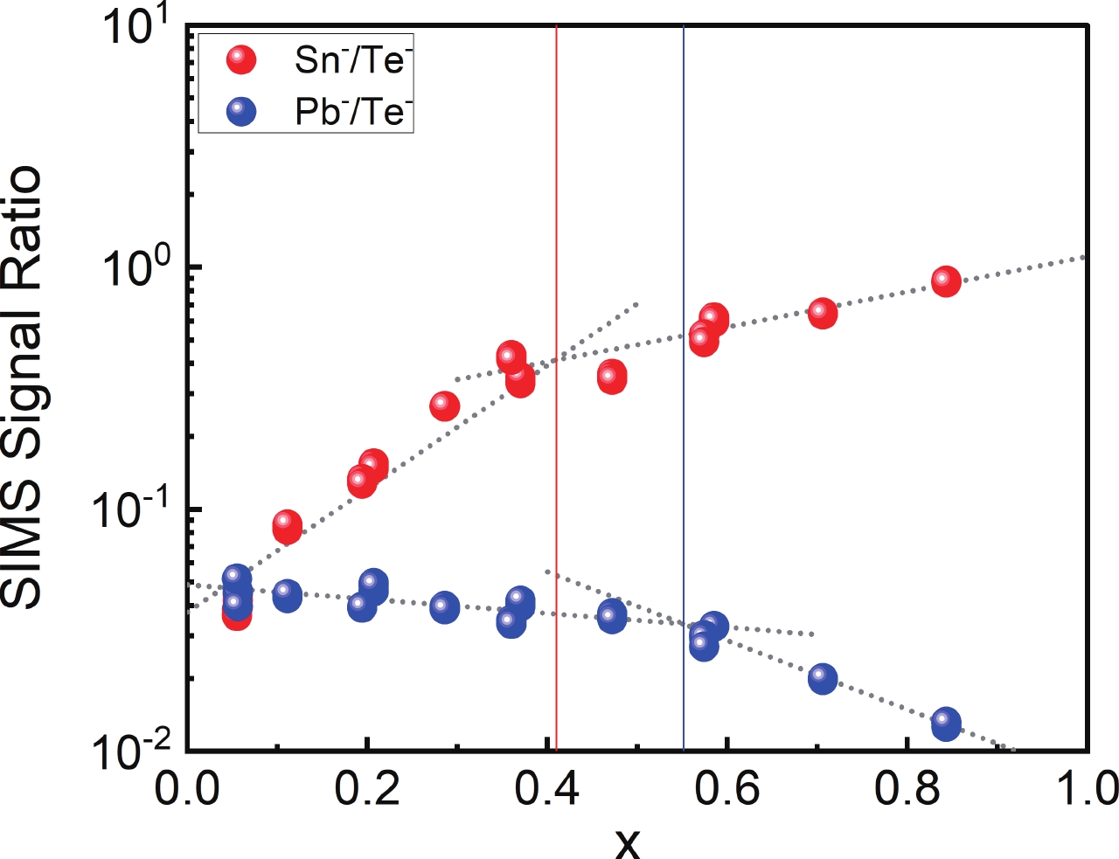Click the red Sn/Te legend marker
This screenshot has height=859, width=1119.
[240, 59]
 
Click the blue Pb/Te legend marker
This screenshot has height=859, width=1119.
[240, 112]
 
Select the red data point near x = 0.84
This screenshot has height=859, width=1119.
[946, 281]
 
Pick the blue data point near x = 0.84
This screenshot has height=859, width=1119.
[946, 724]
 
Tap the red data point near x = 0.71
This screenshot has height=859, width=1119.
[822, 313]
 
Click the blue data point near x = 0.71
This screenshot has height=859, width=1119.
[822, 678]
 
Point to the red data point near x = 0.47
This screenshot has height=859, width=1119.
[612, 378]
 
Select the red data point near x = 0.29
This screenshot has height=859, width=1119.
[444, 406]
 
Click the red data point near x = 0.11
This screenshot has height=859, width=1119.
[287, 526]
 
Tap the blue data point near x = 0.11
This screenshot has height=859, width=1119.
[287, 596]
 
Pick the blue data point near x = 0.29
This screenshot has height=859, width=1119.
[444, 606]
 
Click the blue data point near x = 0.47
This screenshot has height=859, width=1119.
[612, 616]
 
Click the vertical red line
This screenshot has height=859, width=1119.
[556, 218]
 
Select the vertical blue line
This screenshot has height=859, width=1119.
[684, 218]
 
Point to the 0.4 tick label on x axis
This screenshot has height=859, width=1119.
[546, 789]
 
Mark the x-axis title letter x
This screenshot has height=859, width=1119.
[627, 842]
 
